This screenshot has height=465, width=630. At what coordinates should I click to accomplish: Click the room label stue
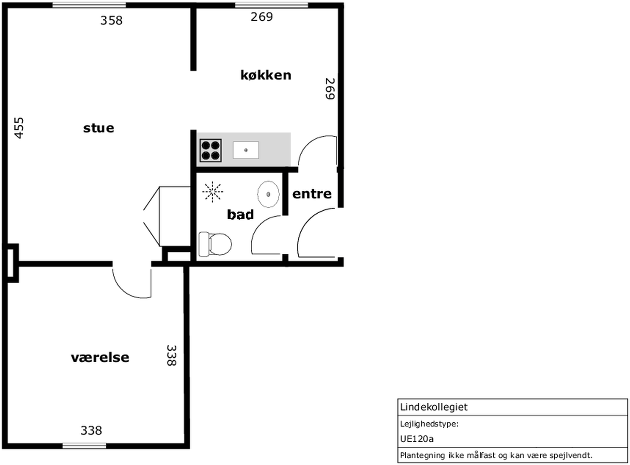(99, 128)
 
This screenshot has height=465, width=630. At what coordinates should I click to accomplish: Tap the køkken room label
(266, 75)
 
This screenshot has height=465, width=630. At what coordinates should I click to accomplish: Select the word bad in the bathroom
(240, 215)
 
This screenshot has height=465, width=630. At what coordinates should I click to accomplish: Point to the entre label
(312, 194)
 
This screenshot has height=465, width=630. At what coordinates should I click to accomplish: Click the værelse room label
(100, 357)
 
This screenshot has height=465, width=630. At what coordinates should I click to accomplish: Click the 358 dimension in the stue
(111, 21)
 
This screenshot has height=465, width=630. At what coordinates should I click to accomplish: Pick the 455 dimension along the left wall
(19, 128)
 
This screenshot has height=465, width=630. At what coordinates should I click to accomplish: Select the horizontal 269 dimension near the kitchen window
(262, 17)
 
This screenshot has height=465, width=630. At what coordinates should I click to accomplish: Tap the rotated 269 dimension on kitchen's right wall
(330, 89)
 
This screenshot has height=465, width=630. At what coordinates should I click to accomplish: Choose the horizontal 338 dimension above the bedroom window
(91, 430)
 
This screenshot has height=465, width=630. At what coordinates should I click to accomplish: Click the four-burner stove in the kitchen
(210, 151)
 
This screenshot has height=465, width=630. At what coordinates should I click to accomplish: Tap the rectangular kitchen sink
(246, 150)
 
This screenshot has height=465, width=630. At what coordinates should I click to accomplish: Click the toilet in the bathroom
(215, 244)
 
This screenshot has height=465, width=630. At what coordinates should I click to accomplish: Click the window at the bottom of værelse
(84, 446)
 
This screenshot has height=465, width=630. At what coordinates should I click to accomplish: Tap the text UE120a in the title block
(417, 439)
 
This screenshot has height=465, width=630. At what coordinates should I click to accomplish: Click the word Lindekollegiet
(434, 407)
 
